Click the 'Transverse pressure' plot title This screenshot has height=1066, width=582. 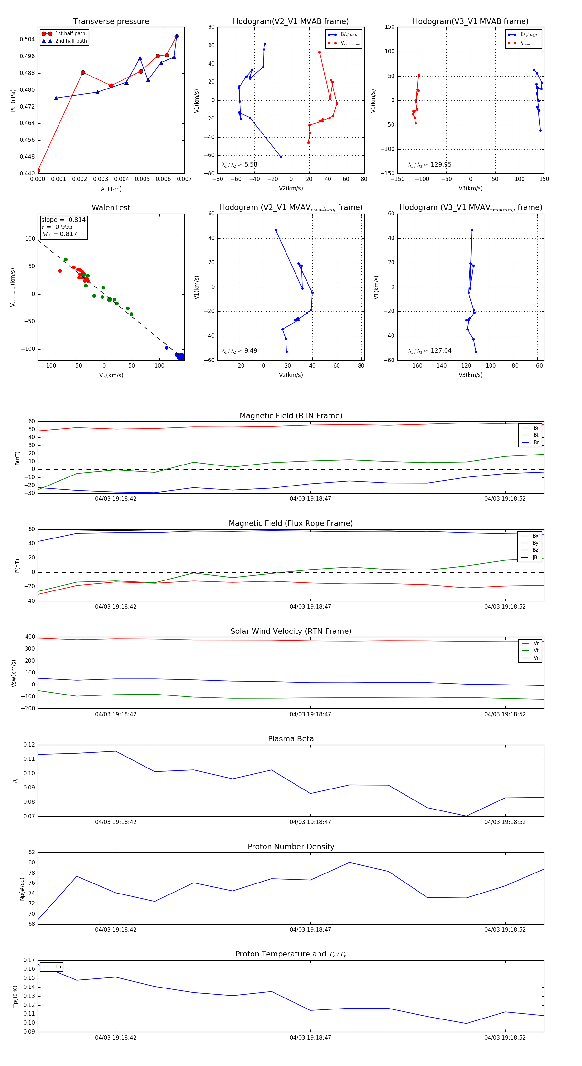(x=111, y=22)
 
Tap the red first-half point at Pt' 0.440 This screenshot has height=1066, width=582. (x=38, y=171)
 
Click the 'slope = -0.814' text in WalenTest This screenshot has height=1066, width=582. (x=63, y=220)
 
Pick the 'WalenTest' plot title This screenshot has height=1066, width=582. (x=111, y=208)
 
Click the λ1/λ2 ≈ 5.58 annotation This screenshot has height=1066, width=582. (x=239, y=165)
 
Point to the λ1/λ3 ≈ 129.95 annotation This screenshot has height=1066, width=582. (x=430, y=165)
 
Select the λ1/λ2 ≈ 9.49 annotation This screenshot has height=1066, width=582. (x=239, y=351)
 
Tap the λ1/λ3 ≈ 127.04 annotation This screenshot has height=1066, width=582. (x=430, y=351)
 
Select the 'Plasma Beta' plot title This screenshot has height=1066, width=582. (x=291, y=739)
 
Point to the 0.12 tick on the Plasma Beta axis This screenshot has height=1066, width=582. (x=29, y=745)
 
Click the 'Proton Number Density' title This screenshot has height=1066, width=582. (x=291, y=847)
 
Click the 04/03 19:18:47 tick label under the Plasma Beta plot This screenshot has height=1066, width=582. (x=310, y=822)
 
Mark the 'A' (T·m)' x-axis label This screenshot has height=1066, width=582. (x=111, y=189)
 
